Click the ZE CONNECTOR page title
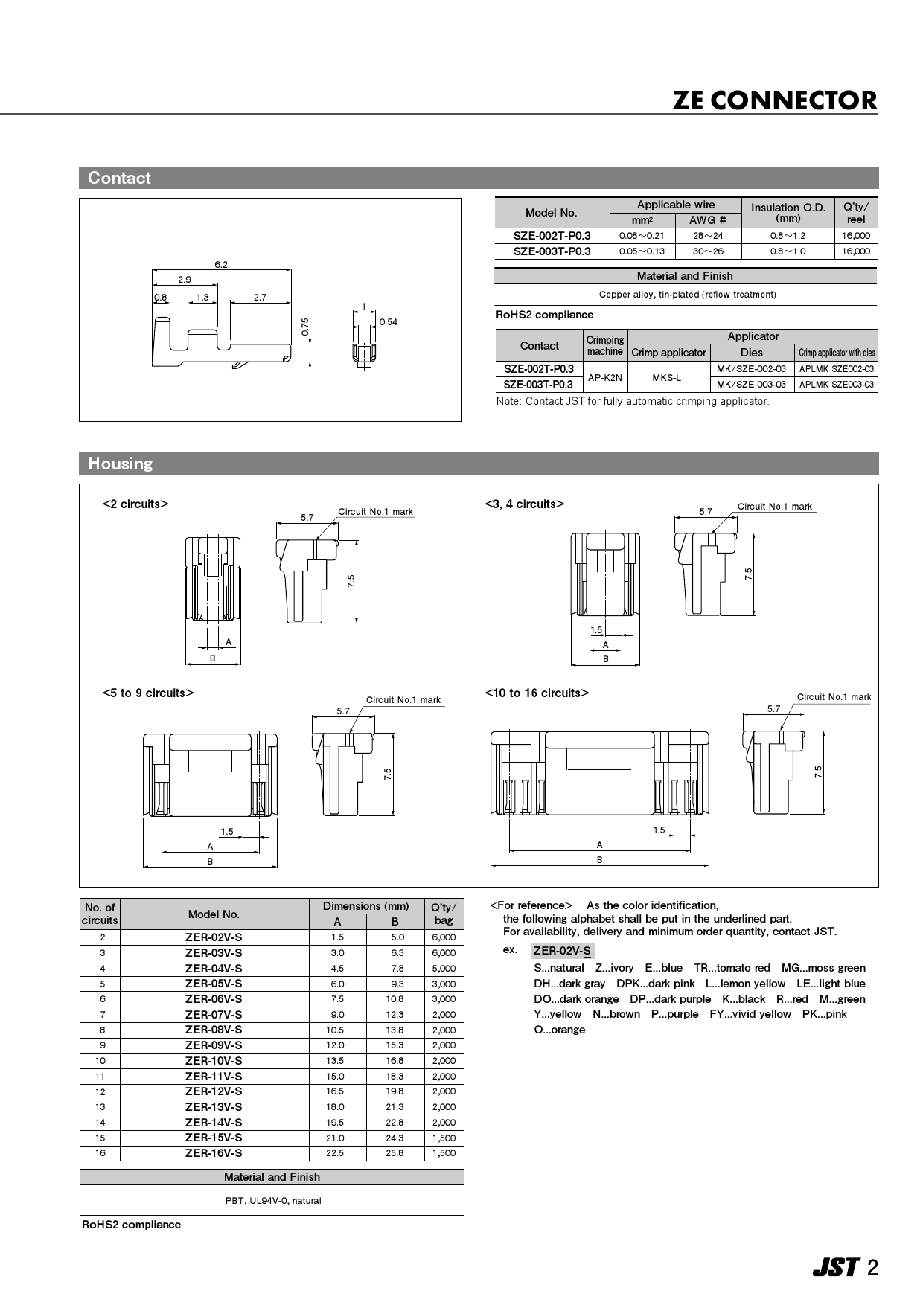774,100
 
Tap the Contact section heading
119,178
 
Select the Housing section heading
120,464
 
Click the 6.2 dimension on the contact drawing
221,264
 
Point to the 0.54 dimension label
389,322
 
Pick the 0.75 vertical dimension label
304,326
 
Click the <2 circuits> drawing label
135,504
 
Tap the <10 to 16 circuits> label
537,693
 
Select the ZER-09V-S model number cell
214,1045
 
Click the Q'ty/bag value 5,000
444,968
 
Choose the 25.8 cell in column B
395,1153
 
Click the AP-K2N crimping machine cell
604,377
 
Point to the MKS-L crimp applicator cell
667,377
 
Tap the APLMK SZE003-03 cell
837,385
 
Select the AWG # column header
708,220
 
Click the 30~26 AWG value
708,251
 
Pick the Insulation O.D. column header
788,212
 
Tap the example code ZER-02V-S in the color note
562,951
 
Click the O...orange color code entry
560,1030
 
